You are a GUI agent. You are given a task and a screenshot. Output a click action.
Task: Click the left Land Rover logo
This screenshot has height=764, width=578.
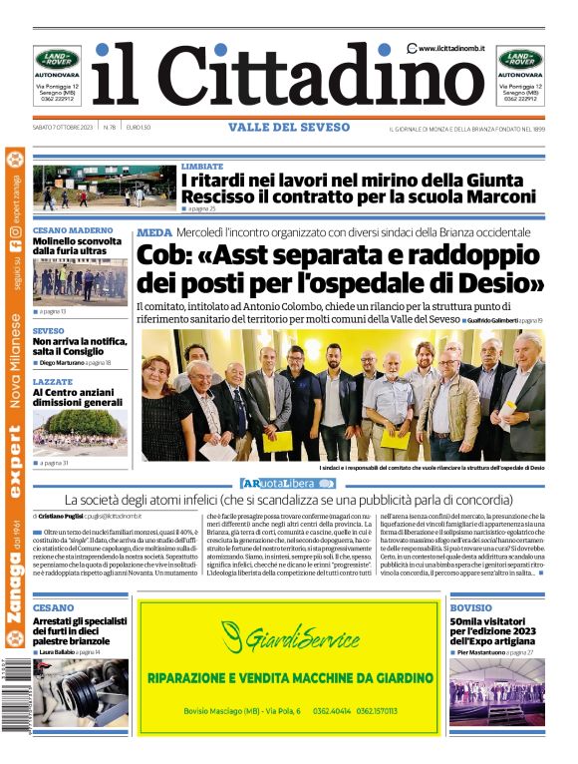[x=57, y=59]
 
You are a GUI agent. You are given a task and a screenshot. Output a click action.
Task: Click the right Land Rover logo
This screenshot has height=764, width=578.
[x=520, y=59]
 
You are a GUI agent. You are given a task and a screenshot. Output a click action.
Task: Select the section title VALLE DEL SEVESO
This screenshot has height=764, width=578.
[x=289, y=128]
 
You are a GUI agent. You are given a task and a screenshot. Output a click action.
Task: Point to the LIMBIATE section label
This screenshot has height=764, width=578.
[x=202, y=166]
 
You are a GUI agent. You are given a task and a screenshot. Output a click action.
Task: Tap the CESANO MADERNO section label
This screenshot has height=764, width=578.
[x=73, y=231]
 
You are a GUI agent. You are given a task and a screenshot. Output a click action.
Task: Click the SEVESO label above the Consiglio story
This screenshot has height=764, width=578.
[x=49, y=330]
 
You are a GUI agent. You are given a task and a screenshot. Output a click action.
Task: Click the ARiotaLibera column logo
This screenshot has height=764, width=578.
[x=288, y=483]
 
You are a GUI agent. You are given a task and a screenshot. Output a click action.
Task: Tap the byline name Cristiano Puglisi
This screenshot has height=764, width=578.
[x=62, y=517]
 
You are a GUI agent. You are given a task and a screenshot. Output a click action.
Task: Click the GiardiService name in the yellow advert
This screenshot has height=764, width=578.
[x=290, y=635]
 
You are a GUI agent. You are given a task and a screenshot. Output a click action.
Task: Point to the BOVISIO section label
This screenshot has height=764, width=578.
[x=470, y=606]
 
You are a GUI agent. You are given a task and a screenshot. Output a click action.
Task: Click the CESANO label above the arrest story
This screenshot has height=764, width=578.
[x=53, y=606]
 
